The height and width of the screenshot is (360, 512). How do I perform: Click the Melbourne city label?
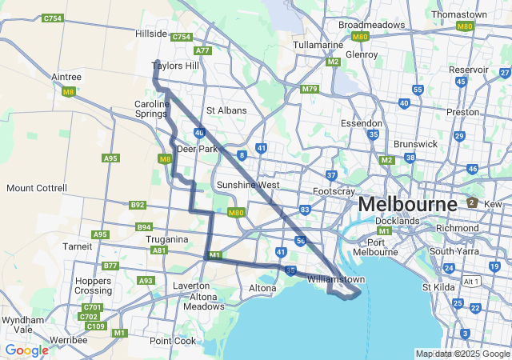pos(407,203)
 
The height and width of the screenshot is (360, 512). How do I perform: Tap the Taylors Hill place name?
pos(175,66)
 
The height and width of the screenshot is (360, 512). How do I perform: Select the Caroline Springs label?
pos(151,110)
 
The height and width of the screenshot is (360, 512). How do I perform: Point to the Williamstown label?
pos(336,279)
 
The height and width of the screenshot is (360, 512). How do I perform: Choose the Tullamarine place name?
pos(318,45)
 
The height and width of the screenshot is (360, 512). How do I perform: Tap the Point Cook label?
pos(172,341)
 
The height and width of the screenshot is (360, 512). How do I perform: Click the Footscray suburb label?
pos(334,192)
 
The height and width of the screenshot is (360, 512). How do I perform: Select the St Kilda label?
pos(438,286)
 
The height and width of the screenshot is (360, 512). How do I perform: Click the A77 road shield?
pos(202,50)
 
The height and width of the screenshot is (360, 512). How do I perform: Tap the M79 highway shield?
pos(310,89)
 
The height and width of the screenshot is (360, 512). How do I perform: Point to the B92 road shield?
pos(138,205)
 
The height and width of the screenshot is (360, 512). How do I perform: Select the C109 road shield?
pos(95,326)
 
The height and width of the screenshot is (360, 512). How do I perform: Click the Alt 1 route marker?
pos(472,282)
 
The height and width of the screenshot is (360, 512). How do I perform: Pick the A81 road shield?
pos(159,250)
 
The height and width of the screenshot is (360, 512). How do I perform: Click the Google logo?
pos(26,350)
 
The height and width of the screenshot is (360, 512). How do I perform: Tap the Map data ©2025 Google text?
pos(462,354)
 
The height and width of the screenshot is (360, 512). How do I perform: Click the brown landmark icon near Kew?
pos(472,202)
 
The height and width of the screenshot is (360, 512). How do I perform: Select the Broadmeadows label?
pos(371,25)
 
